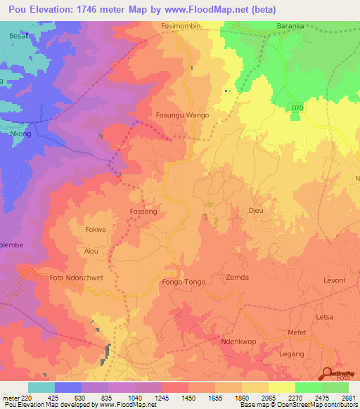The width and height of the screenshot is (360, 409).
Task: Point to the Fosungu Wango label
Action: (182, 114)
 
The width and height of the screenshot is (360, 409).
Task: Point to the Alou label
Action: (91, 251)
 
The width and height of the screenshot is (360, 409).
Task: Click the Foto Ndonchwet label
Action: (77, 278)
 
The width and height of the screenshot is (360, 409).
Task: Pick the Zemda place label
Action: (237, 278)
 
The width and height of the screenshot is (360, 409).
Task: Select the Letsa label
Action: (324, 317)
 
